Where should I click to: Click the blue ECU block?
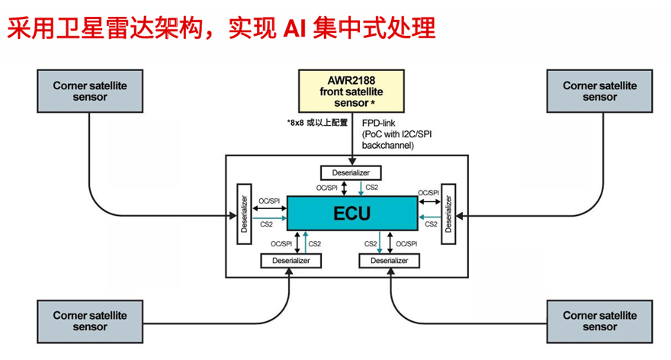352,213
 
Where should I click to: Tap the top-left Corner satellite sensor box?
90,91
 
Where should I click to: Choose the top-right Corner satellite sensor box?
600,91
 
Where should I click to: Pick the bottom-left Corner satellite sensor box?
90,320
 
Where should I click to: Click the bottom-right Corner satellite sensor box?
600,320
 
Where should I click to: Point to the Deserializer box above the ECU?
351,173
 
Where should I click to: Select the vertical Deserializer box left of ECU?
245,214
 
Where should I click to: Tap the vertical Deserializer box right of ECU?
448,214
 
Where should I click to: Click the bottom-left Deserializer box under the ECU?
291,260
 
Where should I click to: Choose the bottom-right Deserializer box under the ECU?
389,260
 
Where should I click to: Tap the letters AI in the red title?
297,28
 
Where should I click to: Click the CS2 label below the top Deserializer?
373,187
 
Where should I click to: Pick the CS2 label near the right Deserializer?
431,225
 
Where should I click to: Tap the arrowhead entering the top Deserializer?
351,162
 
